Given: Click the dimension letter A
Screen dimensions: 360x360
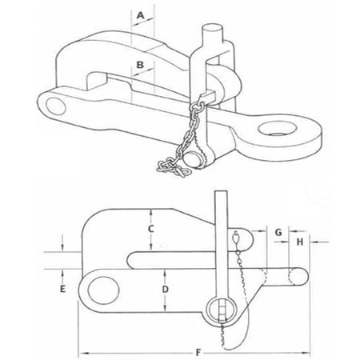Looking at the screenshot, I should coord(140,15).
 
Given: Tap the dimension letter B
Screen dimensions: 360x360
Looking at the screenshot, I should coord(140,63).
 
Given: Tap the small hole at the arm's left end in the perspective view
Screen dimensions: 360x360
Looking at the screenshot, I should coord(54,102).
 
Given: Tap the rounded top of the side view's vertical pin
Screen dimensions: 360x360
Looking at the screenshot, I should coord(222,200).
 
